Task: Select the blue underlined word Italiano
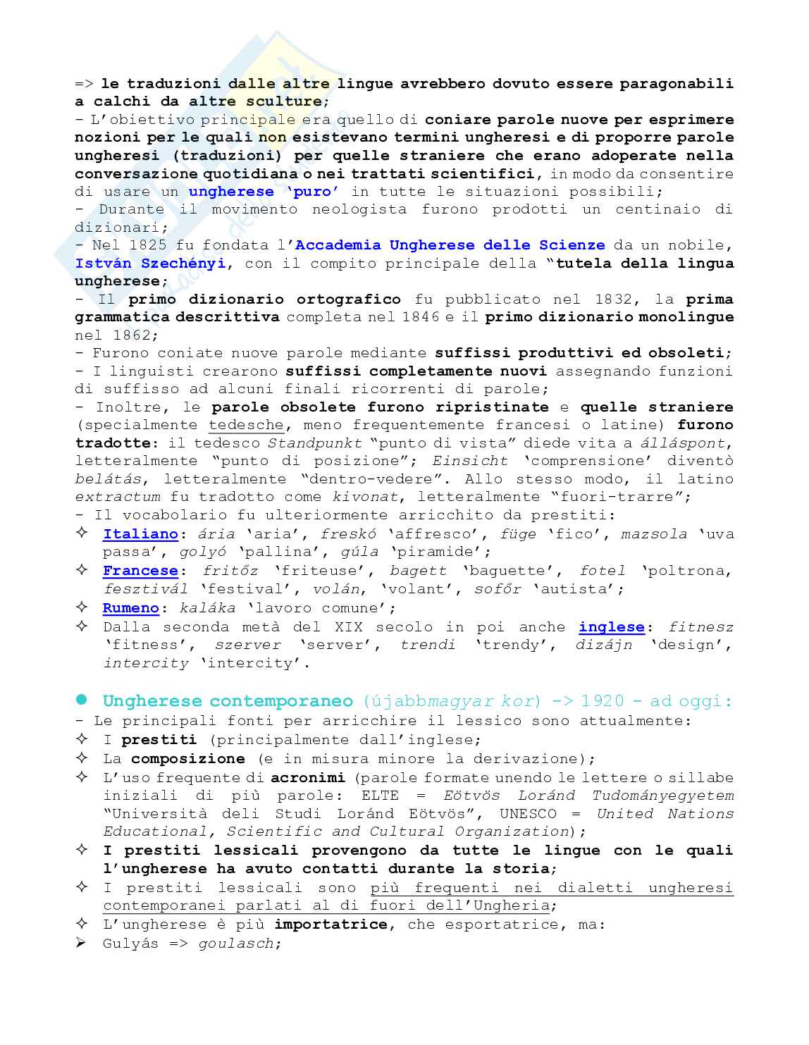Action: point(140,534)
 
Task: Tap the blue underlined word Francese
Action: point(140,571)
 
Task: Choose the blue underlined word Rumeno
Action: point(131,608)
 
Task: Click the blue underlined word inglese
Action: point(612,627)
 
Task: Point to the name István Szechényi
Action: point(150,264)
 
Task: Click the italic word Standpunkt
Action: point(315,443)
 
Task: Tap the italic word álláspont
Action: point(682,443)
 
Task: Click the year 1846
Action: point(420,317)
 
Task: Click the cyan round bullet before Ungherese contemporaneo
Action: point(82,700)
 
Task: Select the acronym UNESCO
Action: point(529,814)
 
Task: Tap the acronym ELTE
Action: point(380,796)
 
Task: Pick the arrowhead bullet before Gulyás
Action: point(82,943)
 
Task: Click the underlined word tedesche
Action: point(246,425)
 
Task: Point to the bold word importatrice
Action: point(331,925)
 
